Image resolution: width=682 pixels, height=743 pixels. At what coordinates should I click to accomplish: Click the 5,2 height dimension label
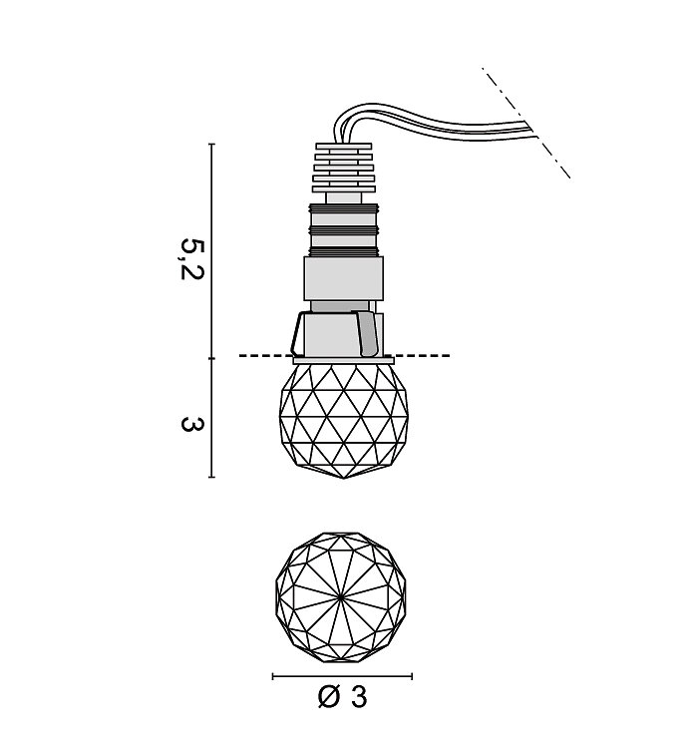191,259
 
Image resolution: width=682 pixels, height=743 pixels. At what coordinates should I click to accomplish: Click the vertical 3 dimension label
191,423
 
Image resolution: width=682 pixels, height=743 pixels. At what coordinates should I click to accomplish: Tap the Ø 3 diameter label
342,697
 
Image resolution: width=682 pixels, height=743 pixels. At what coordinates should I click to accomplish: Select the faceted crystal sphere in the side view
344,421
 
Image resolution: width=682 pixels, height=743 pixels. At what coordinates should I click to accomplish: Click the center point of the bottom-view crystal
341,597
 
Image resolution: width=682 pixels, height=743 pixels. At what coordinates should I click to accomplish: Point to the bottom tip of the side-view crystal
344,478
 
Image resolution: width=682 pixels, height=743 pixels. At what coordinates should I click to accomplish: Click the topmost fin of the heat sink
343,147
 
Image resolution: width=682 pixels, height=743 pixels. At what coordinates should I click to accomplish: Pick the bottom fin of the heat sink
343,189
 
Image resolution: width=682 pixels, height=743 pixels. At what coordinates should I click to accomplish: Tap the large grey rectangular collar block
343,278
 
